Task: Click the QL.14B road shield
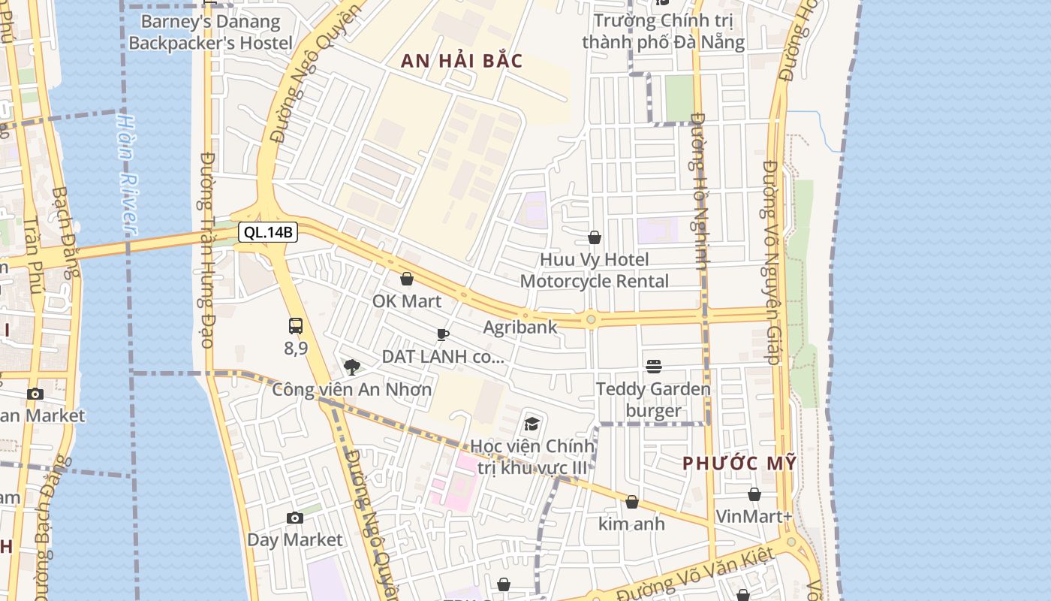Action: [268, 232]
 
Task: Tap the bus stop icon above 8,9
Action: [296, 326]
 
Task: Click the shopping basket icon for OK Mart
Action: [407, 279]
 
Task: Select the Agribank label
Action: [520, 327]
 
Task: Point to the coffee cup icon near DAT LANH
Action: [443, 334]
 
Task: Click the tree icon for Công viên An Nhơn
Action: [351, 367]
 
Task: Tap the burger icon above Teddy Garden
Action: [654, 367]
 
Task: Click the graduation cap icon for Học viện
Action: [532, 424]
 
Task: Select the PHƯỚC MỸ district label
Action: [739, 464]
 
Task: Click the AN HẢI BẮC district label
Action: [462, 62]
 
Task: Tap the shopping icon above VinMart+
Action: [754, 494]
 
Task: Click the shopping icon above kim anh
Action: [632, 502]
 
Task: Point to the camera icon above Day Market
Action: [295, 518]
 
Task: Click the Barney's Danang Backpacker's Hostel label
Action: [210, 32]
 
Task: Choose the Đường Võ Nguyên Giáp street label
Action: [772, 263]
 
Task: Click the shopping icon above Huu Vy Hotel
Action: [595, 238]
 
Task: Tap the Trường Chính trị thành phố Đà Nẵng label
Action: [664, 31]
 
